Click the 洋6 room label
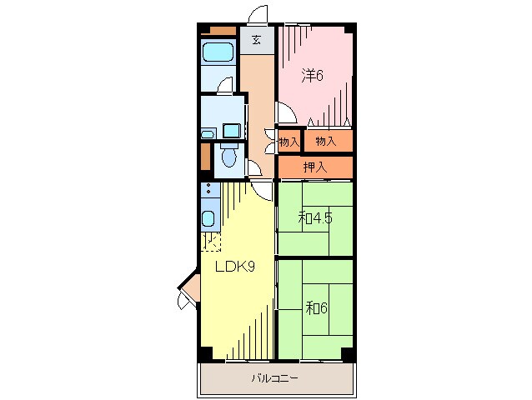[313, 76]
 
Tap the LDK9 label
[235, 267]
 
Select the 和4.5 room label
[315, 218]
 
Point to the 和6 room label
[316, 308]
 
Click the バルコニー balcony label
[274, 378]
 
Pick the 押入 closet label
[315, 167]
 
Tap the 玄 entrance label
[257, 41]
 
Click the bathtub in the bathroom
[218, 52]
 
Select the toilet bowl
[229, 156]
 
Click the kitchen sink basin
[208, 219]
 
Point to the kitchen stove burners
[208, 188]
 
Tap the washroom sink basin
[231, 131]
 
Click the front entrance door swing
[257, 14]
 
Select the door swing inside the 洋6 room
[287, 112]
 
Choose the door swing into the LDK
[263, 191]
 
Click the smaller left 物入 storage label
[289, 142]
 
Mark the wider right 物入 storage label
[325, 141]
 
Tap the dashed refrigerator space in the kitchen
[211, 242]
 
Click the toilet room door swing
[253, 168]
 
